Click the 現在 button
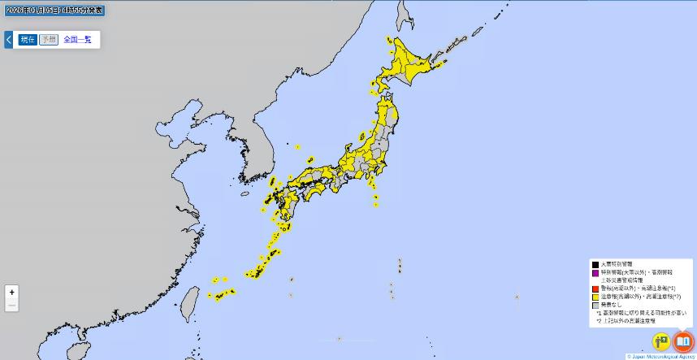(28, 39)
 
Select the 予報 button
(49, 39)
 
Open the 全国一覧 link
(77, 39)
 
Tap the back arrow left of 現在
(9, 39)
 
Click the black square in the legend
(595, 264)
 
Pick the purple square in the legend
(595, 272)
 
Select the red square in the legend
(595, 288)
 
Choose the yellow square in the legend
(595, 297)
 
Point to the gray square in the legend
(595, 305)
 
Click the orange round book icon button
(683, 340)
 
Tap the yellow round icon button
(661, 340)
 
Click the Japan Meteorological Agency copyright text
(660, 356)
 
